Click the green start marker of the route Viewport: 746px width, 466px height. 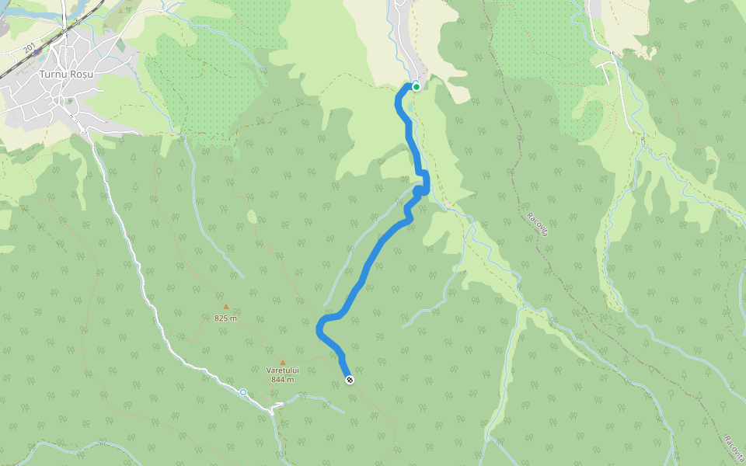[417, 86]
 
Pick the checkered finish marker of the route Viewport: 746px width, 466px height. [350, 379]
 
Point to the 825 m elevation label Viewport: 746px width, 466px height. [225, 318]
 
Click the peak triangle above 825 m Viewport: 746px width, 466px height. [226, 307]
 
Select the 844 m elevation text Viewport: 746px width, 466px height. [282, 380]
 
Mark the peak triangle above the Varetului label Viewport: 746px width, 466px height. [282, 362]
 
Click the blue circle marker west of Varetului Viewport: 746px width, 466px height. [243, 392]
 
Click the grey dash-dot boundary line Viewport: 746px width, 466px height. [544, 256]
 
